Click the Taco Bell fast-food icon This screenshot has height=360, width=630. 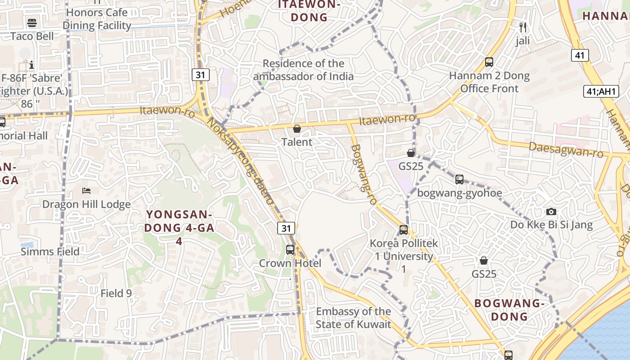pos(32,22)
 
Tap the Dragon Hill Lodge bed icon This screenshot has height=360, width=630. pos(86,191)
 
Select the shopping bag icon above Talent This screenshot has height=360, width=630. pos(297,129)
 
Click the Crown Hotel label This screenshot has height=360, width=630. pos(290,263)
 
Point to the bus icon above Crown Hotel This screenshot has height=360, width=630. pos(290,249)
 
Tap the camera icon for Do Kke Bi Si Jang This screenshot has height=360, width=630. pos(551,211)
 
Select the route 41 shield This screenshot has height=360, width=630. pos(580,55)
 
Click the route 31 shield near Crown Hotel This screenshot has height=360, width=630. pos(286,228)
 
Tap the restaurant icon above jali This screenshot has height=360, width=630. pos(522,27)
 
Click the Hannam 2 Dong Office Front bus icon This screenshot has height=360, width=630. pos(489,62)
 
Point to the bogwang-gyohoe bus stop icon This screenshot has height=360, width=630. pos(459,180)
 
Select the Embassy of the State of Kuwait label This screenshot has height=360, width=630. pos(353,318)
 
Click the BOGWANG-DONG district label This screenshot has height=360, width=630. pos(509,310)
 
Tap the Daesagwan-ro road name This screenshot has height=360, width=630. pos(566,150)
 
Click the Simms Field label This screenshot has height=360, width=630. pos(50,252)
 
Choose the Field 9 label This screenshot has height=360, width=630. pos(116,293)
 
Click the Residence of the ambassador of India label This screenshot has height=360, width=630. pos(303,70)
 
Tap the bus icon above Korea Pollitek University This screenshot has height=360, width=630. pos(404,230)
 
